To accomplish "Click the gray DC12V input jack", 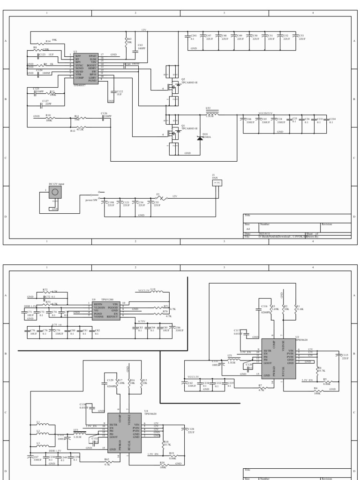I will (55, 193).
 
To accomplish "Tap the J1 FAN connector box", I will (217, 183).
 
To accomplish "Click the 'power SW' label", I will (91, 200).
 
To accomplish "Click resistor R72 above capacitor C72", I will (45, 292).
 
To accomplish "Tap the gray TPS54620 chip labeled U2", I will (278, 358).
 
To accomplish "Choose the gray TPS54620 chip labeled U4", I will (125, 432).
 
